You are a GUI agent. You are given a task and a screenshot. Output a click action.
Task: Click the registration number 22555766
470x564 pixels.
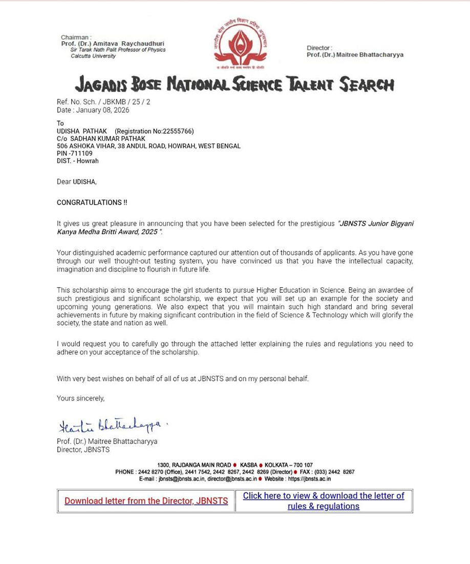pos(177,131)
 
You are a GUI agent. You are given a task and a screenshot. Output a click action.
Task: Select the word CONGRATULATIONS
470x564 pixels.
pos(89,203)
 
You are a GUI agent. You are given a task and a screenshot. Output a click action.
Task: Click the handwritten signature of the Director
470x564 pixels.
pos(110,425)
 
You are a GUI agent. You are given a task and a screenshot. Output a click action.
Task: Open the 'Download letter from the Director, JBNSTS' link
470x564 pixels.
pos(146,501)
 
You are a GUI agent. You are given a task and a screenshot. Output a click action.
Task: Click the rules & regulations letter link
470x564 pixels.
pos(324,501)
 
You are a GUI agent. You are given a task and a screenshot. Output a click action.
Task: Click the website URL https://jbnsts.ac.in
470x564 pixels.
pos(309,479)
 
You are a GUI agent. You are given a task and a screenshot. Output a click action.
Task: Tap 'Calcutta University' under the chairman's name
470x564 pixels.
pos(93,56)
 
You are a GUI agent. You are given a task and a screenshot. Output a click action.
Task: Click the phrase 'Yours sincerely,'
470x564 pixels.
pos(80,398)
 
